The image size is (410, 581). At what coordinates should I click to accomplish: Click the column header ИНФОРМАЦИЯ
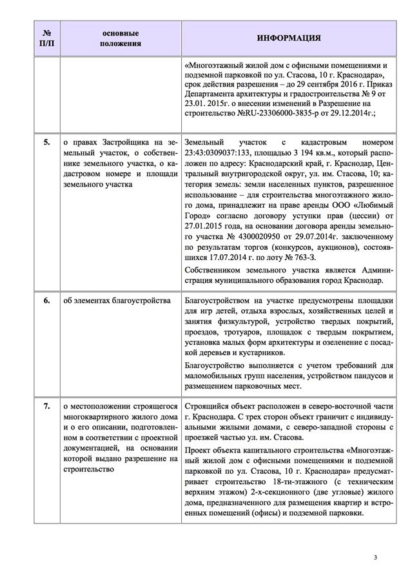coord(289,38)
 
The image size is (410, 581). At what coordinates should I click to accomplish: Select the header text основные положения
coord(121,38)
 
